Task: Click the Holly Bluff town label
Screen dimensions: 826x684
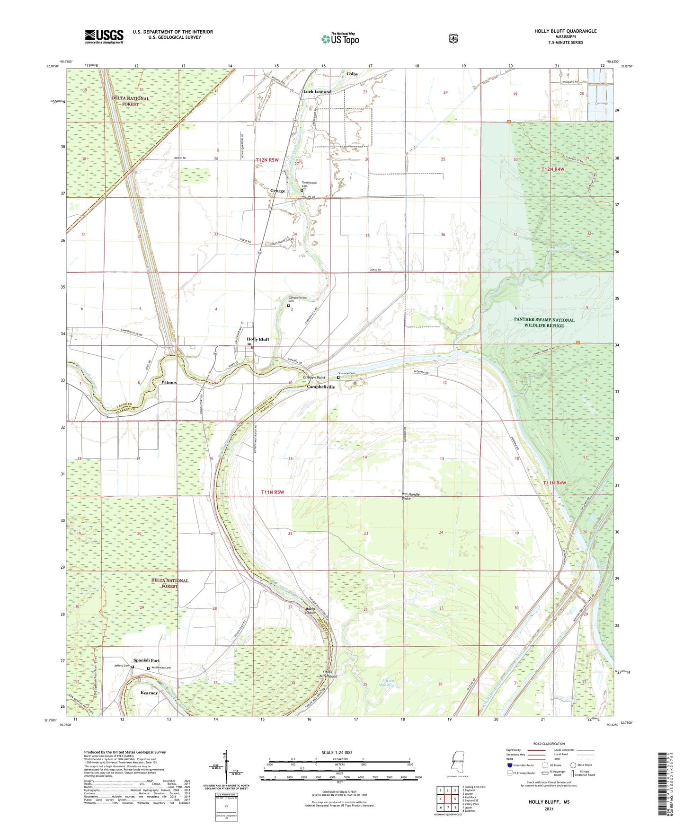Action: point(258,339)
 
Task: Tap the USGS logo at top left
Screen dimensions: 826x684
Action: point(104,36)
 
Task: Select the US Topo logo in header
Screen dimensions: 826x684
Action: point(340,39)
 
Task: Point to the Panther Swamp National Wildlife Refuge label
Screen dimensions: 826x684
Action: point(545,323)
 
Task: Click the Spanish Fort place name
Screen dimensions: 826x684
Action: point(146,660)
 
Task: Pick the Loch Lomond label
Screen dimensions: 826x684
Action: point(317,92)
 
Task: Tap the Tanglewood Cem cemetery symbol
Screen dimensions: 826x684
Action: point(302,191)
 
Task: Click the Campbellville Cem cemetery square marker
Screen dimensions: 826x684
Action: point(288,306)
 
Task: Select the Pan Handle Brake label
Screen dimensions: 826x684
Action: point(410,496)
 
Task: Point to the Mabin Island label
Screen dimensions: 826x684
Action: point(310,611)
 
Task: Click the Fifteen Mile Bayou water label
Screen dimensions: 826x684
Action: point(388,683)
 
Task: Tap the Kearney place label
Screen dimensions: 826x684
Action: point(149,693)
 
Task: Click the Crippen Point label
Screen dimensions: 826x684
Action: point(314,378)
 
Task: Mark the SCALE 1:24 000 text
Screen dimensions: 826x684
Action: point(337,753)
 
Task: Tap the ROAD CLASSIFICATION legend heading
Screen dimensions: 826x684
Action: point(549,744)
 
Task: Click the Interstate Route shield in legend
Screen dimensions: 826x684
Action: point(509,765)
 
